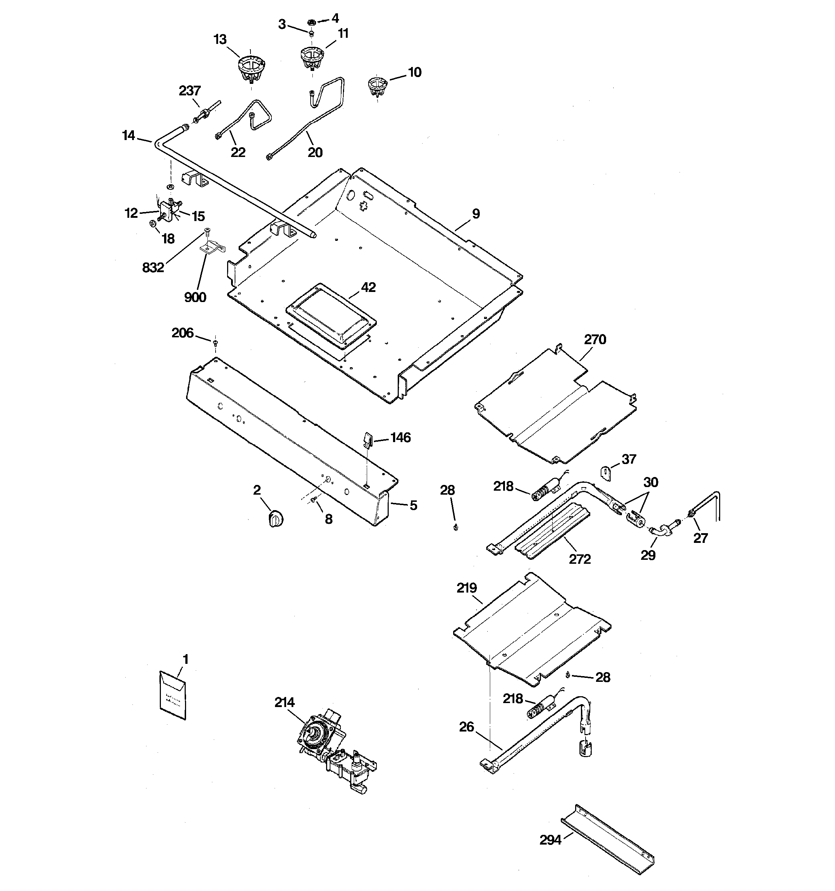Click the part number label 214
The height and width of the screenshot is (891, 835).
pos(285,702)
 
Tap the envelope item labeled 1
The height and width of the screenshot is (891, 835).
pos(172,696)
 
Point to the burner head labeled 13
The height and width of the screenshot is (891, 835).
pos(250,67)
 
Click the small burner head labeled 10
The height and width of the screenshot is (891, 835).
pos(377,86)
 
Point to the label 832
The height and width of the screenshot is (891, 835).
pos(153,267)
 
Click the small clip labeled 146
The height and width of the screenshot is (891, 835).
pos(367,439)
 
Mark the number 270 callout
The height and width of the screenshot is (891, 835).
pos(595,339)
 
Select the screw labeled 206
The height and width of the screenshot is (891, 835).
pos(215,343)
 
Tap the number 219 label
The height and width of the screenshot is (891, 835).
pos(466,588)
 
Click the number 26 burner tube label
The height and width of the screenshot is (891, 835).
pos(466,726)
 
